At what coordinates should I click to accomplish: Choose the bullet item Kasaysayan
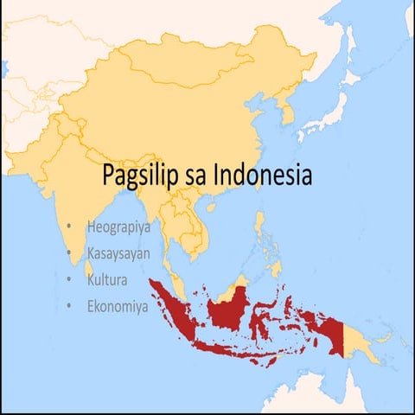pyautogui.click(x=118, y=254)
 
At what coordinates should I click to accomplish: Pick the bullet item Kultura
pyautogui.click(x=107, y=280)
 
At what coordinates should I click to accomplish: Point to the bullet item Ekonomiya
pyautogui.click(x=118, y=306)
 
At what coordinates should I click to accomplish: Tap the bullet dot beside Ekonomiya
pyautogui.click(x=69, y=306)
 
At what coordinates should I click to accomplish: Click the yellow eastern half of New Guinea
pyautogui.click(x=363, y=342)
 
